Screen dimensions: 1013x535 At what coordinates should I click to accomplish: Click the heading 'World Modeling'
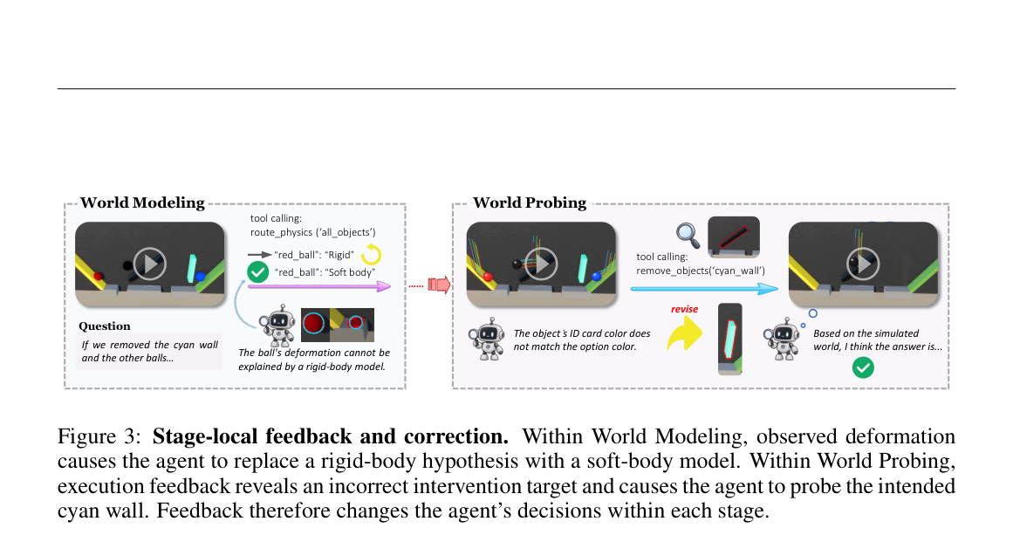point(142,202)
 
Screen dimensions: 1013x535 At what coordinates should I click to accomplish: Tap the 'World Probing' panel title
point(530,202)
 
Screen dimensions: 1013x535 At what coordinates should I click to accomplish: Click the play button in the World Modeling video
point(150,264)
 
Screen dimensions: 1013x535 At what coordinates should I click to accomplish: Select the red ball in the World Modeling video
point(99,277)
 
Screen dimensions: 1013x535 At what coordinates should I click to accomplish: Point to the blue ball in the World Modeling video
point(201,277)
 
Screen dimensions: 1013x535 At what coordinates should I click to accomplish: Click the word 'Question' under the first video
point(105,326)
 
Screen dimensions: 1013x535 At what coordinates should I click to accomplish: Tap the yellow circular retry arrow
point(372,255)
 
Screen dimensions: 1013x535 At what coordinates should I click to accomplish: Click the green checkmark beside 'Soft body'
point(257,272)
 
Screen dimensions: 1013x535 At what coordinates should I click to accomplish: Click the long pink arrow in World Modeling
point(320,286)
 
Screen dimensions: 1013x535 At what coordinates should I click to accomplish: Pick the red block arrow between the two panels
point(439,285)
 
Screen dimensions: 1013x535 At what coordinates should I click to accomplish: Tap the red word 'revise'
point(684,310)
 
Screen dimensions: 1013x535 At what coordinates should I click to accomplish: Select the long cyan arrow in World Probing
point(704,289)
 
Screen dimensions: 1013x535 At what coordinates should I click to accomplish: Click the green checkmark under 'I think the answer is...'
point(863,367)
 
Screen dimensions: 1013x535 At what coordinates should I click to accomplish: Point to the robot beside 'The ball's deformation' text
point(277,326)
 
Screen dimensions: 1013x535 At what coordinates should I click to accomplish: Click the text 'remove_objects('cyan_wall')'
point(701,271)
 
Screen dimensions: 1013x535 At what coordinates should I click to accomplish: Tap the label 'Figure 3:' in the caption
point(99,436)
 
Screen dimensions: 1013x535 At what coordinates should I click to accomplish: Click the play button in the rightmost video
point(863,264)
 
